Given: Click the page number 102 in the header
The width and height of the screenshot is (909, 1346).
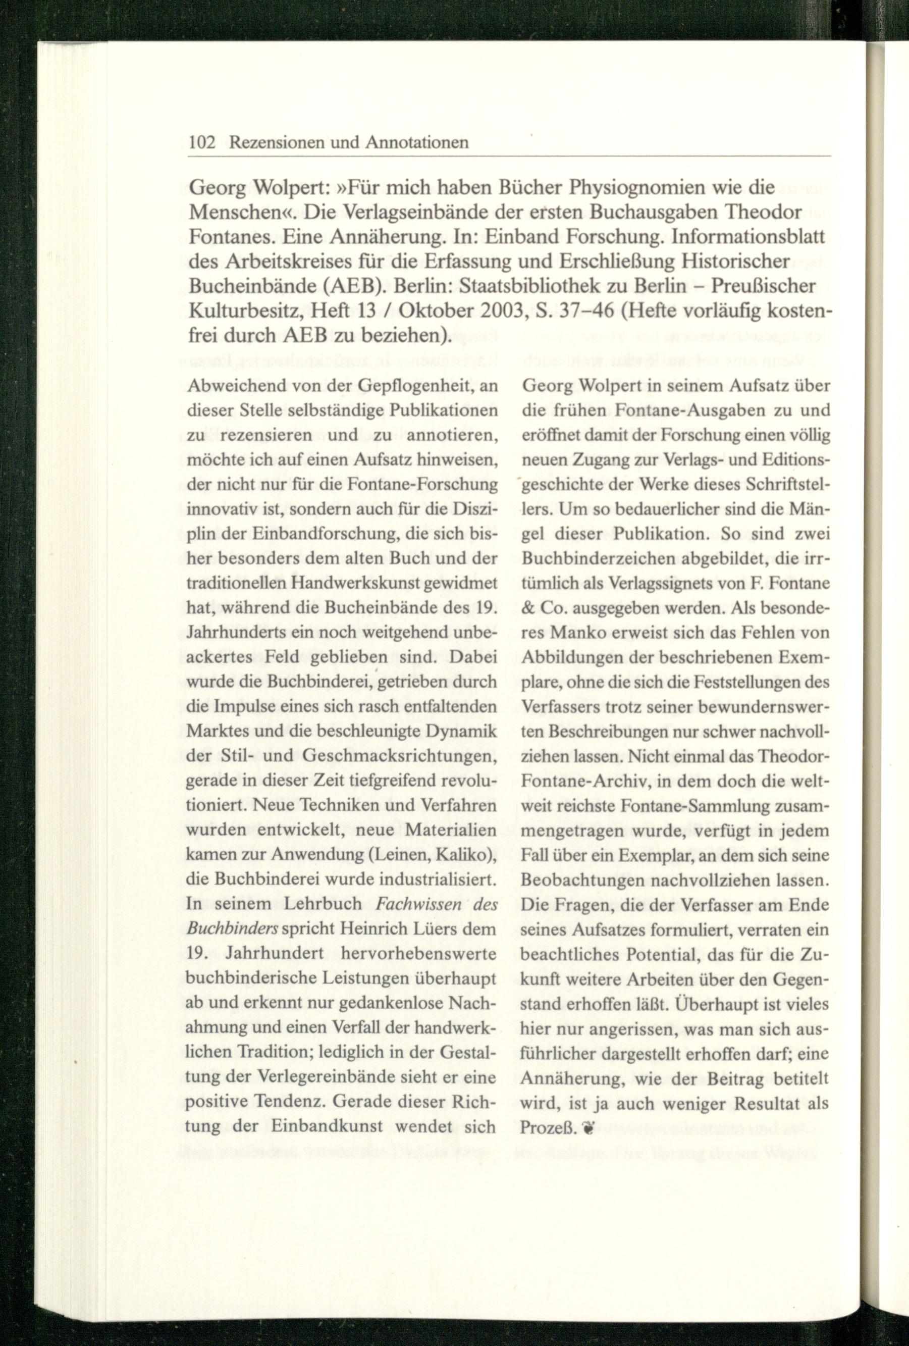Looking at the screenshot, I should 202,142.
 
